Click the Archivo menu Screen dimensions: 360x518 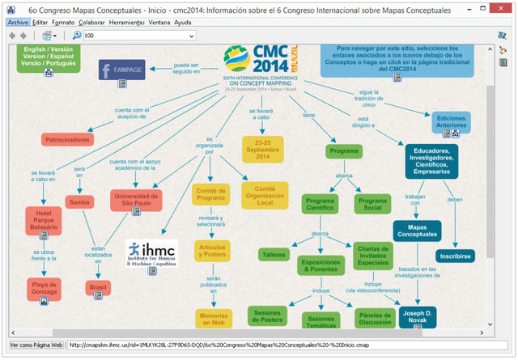18,23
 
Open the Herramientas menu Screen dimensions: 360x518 125,23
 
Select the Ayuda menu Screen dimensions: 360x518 182,23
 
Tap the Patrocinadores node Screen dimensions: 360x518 67,140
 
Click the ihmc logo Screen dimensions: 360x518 153,253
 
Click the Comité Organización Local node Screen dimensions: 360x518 264,194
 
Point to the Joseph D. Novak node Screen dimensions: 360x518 418,316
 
